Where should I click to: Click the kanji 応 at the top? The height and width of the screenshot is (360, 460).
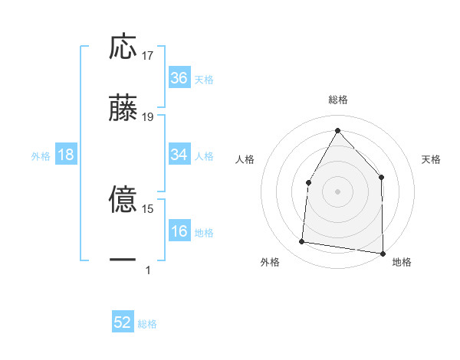point(123,47)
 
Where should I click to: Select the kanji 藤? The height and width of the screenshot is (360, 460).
point(123,108)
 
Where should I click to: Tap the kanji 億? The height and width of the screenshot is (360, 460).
point(123,200)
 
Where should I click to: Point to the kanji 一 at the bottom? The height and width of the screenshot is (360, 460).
point(123,260)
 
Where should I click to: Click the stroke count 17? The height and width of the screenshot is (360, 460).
point(149,56)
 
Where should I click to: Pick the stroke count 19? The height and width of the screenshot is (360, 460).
point(149,117)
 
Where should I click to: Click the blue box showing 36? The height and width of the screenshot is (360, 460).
point(179,77)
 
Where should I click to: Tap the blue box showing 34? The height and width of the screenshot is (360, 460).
point(179,155)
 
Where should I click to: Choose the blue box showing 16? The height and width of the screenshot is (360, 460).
point(179,231)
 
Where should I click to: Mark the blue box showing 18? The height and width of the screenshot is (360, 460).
point(66,155)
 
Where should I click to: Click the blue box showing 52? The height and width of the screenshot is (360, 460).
point(123,322)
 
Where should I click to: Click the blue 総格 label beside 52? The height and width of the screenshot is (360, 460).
point(148,324)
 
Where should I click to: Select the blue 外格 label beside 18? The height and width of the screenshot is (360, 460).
point(41,156)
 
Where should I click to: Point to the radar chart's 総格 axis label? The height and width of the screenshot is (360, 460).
point(337,100)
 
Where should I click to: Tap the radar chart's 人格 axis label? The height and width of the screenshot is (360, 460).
point(245,159)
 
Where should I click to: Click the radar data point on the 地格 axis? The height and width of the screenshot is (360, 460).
point(383,253)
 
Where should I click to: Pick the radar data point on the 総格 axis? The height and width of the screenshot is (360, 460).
point(337,130)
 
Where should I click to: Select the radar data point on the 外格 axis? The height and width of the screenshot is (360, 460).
point(302,242)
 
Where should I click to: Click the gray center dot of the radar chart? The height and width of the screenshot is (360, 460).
point(337,191)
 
